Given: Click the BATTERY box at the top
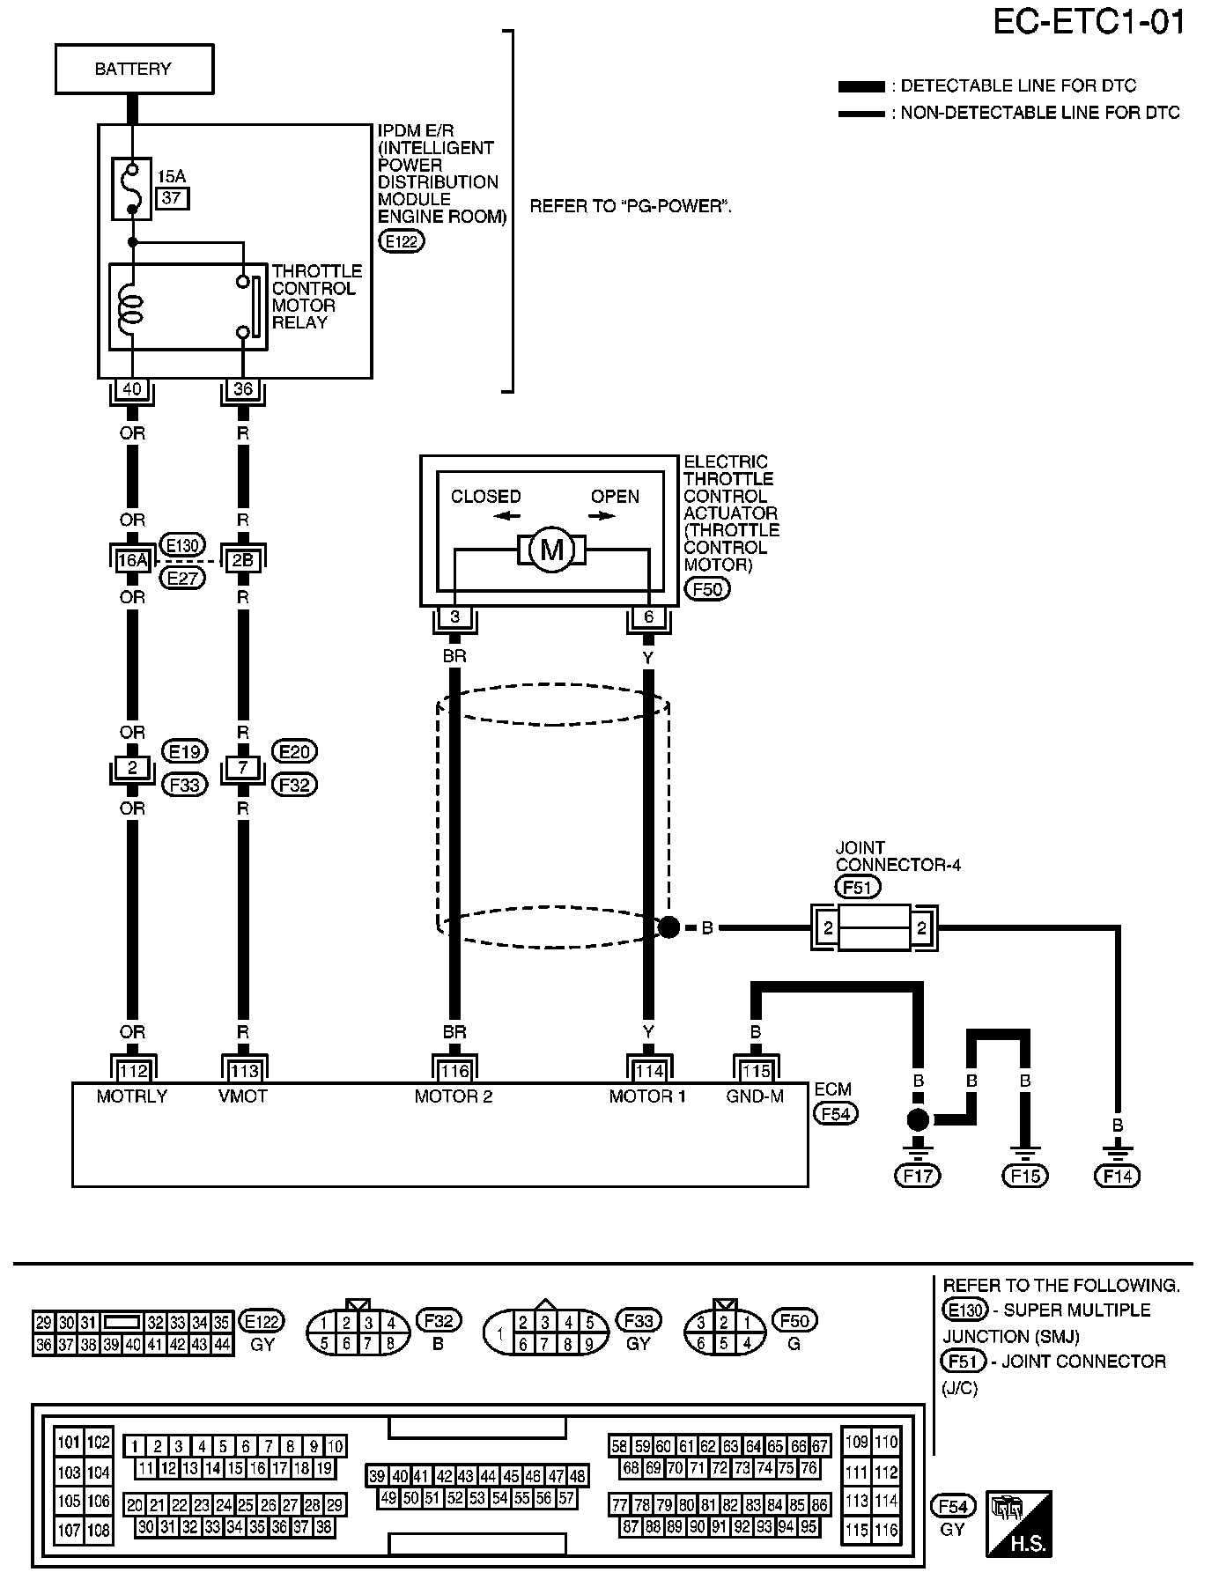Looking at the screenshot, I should point(134,69).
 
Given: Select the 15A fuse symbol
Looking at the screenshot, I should point(133,188).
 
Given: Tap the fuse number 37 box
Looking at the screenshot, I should point(172,198).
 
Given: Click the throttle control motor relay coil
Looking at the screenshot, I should point(132,306).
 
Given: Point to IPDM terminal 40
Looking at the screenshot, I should point(132,389).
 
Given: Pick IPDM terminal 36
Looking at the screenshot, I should point(243,389).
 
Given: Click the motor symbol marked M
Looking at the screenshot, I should point(551,550).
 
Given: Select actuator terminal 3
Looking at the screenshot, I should point(454,617).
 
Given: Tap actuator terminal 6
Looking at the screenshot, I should point(648,617).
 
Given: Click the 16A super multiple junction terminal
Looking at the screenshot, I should point(132,558).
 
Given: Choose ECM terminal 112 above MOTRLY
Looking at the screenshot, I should point(133,1071).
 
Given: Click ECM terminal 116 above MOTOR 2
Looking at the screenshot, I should point(454,1071).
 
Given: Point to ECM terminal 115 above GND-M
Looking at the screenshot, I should point(756,1071).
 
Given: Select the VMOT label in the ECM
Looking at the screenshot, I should point(244,1096).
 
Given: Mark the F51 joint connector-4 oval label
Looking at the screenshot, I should point(857,887).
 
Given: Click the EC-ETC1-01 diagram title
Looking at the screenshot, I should point(1089,23).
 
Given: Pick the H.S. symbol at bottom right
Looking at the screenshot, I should point(1019,1524).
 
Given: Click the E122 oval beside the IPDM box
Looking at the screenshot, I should point(401,241).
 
